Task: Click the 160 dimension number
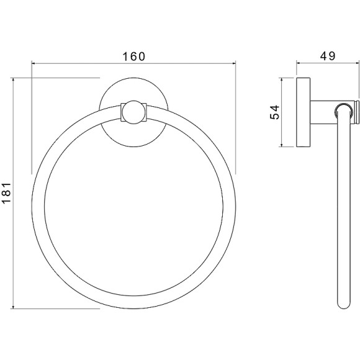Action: (134, 56)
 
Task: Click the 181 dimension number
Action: (6, 192)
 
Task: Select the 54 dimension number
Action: (274, 112)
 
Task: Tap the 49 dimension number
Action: (328, 56)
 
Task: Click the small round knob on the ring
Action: (134, 112)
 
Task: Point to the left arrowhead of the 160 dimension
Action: (34, 63)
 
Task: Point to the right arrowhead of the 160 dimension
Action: (234, 63)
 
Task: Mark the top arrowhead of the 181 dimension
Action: (13, 79)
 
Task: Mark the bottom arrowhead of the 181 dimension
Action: (13, 307)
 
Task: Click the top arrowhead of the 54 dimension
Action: (281, 79)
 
